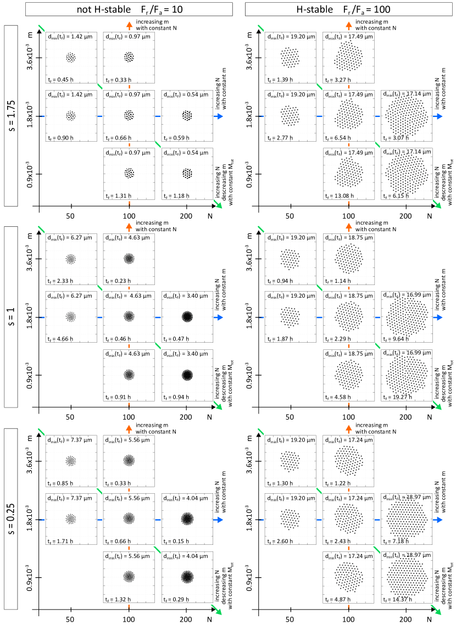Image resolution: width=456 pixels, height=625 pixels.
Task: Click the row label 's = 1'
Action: point(12,317)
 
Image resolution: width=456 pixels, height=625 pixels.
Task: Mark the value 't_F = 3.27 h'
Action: point(337,79)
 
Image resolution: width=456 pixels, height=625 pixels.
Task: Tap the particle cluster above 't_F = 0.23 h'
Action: point(129,259)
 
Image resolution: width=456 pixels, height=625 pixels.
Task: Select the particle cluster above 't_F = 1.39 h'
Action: point(291,57)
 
